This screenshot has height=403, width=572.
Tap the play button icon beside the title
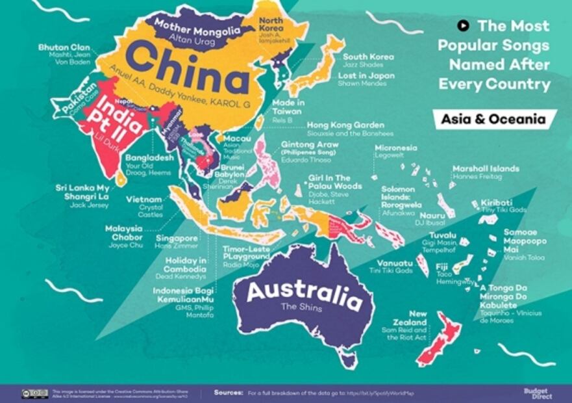(x=463, y=26)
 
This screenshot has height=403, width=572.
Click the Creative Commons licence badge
(x=34, y=393)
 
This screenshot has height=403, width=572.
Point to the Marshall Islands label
(x=486, y=168)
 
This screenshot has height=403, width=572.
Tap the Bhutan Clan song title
(x=64, y=47)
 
